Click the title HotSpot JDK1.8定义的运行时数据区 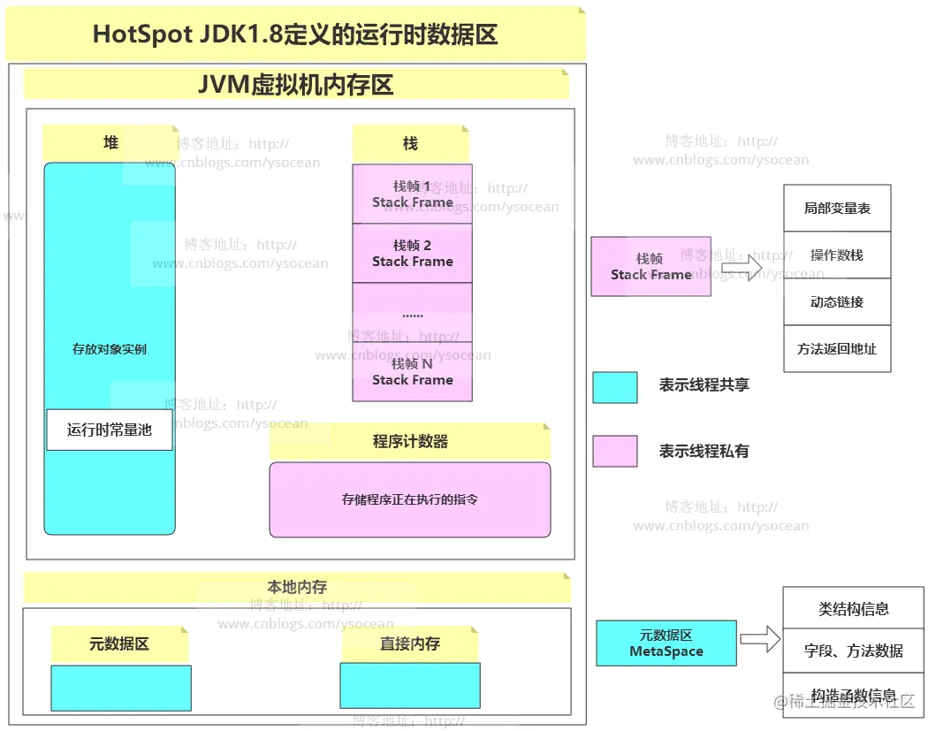(295, 34)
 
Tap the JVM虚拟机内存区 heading (296, 84)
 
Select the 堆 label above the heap (110, 143)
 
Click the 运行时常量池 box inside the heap (110, 430)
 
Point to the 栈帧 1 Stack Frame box (412, 194)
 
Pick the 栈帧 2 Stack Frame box (412, 254)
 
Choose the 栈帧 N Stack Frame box (412, 371)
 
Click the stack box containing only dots (412, 313)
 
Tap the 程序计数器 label (410, 441)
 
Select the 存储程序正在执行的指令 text (410, 499)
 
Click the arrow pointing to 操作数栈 (741, 266)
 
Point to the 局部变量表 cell (837, 209)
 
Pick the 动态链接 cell (837, 302)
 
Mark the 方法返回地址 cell (837, 349)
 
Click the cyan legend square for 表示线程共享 (614, 387)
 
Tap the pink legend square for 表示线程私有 (614, 451)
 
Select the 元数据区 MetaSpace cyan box (666, 643)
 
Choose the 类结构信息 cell (853, 609)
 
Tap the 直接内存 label (410, 643)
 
